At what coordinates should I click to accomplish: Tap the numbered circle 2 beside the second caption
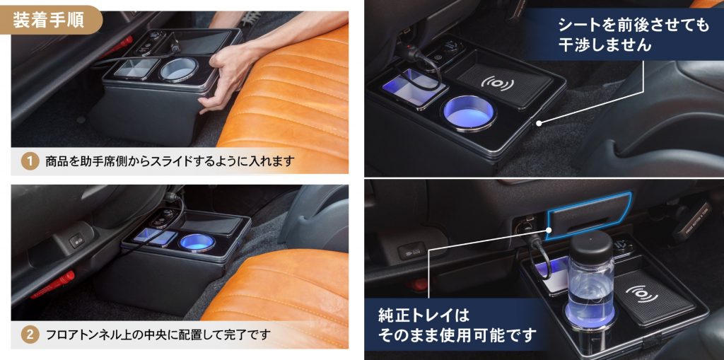point(29,334)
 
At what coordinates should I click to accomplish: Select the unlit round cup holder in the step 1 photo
point(180,70)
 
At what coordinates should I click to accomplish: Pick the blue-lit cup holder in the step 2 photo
point(195,242)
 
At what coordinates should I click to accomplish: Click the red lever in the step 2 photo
point(53,284)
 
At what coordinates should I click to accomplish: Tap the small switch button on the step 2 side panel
point(76,241)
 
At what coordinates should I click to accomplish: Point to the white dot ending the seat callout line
point(537,123)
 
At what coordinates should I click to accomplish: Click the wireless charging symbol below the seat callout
point(500,83)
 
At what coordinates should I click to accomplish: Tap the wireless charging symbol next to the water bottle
point(642,293)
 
